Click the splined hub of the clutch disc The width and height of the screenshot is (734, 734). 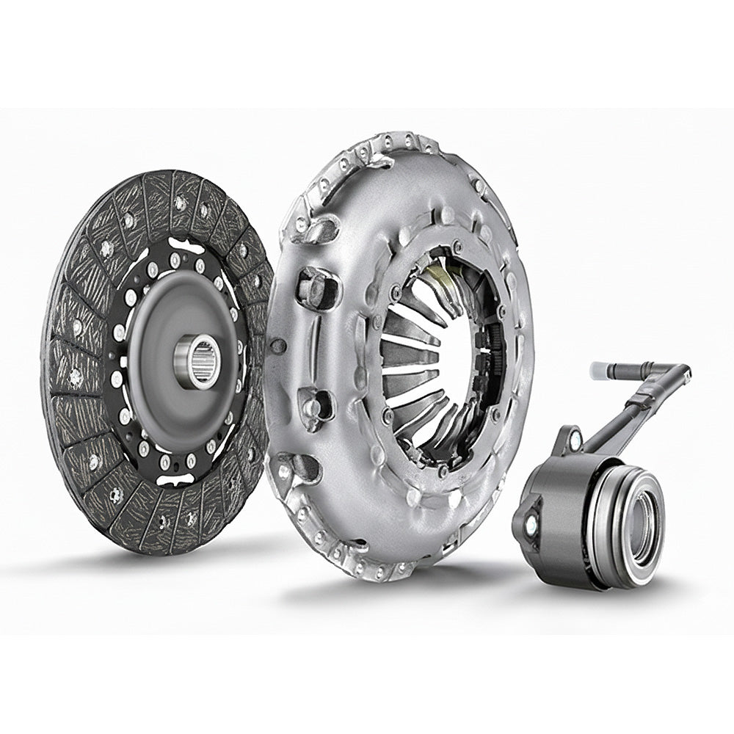(x=198, y=360)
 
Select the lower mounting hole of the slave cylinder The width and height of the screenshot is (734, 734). (x=531, y=523)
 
